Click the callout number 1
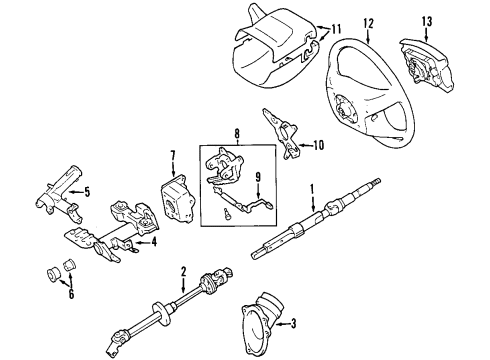311,188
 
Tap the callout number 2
183,272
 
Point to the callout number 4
152,240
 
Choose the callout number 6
69,294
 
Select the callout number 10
319,146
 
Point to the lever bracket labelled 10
281,133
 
